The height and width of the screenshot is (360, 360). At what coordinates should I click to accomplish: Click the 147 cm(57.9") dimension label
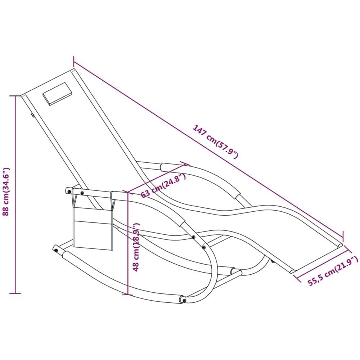point(216,141)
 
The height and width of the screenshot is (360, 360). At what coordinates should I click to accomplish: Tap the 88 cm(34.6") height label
point(5,192)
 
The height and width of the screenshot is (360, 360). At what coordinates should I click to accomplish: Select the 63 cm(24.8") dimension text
point(163,185)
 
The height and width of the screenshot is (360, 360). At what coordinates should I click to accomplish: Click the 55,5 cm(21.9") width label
point(333,271)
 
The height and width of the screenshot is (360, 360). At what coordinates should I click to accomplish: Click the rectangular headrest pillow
point(57,94)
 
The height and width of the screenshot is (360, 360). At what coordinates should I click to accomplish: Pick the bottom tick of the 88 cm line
point(15,293)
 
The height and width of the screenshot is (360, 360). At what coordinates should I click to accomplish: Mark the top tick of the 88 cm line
point(15,96)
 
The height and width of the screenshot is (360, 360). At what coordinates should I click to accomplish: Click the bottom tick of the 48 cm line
point(128,294)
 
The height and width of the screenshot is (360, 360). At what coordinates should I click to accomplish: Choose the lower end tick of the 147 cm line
point(343,235)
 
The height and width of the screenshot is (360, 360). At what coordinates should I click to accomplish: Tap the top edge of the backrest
point(47,82)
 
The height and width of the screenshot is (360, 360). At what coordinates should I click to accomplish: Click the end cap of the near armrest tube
point(68,191)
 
